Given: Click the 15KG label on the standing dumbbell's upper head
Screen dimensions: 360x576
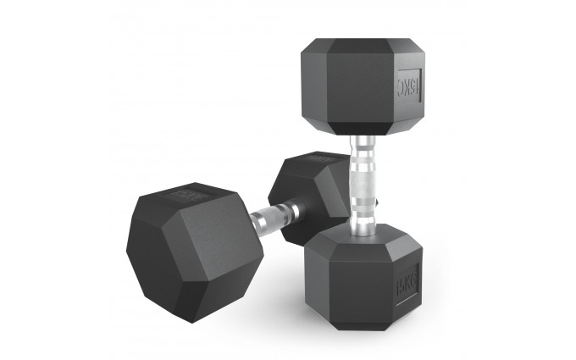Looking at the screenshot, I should tap(407, 86).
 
